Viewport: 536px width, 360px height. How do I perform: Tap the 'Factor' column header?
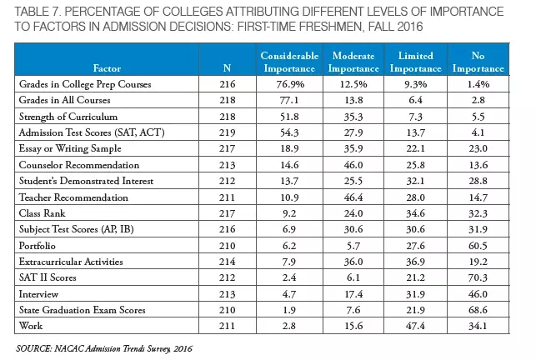107,68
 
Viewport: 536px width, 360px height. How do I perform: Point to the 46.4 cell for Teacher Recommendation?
353,197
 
